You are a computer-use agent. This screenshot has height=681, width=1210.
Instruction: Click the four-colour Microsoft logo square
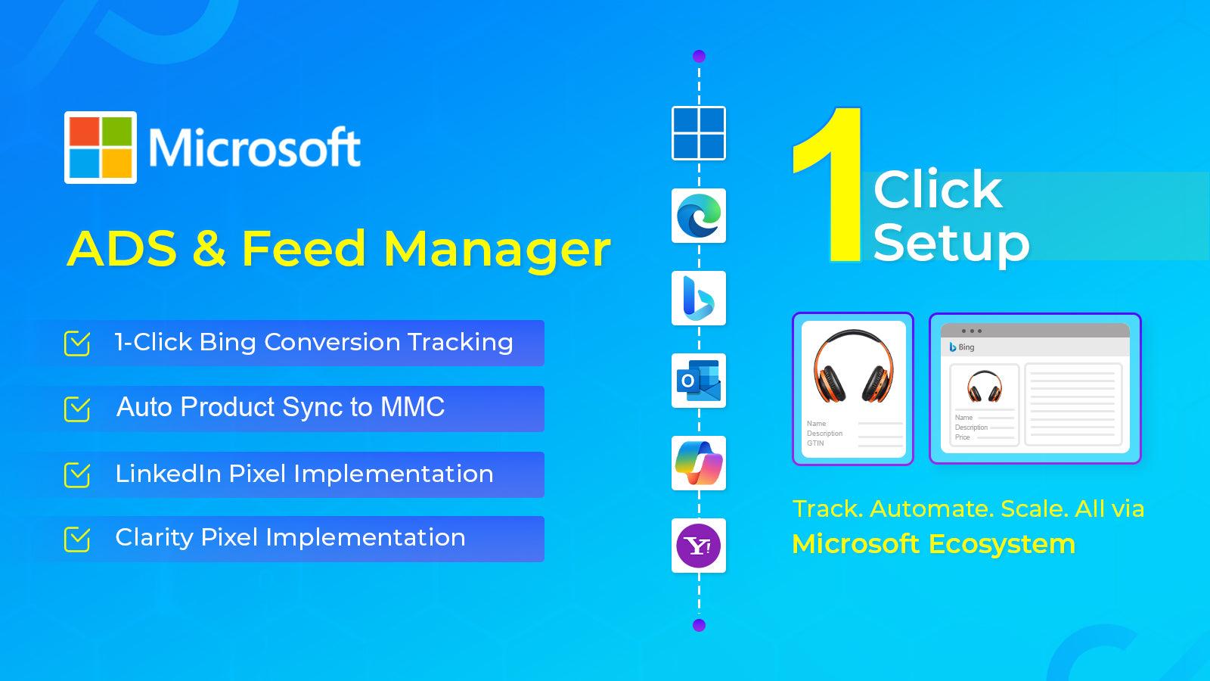(101, 148)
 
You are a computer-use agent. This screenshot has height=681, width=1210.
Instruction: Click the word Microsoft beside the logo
(254, 148)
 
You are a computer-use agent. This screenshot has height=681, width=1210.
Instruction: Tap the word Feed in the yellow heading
(303, 249)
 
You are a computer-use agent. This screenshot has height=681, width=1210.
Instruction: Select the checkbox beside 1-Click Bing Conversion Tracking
(77, 343)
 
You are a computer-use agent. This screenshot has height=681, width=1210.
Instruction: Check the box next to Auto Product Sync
(77, 409)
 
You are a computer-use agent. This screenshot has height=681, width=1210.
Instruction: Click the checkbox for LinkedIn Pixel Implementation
(77, 474)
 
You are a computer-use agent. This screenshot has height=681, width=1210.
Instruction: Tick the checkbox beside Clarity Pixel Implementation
(77, 540)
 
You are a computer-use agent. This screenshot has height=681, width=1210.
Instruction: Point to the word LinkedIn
(168, 474)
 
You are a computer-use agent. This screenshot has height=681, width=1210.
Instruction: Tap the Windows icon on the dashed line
(699, 133)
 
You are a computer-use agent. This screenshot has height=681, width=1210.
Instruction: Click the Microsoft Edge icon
(699, 216)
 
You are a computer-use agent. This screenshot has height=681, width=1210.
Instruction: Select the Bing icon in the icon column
(699, 298)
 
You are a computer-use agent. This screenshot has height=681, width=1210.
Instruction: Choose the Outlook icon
(699, 381)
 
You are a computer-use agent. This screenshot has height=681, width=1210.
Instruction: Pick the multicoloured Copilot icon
(699, 463)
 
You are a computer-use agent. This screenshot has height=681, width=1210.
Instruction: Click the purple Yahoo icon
(699, 546)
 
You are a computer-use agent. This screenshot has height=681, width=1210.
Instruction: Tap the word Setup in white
(951, 243)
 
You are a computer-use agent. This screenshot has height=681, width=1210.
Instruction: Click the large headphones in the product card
(853, 366)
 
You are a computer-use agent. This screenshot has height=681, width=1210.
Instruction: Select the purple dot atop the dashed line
(699, 56)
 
